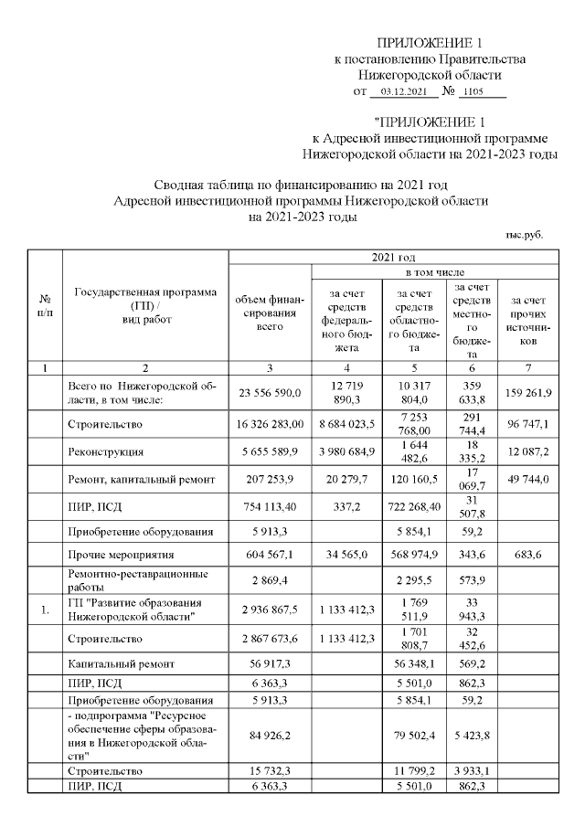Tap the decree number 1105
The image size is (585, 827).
(x=473, y=91)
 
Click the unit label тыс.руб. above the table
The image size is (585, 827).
(x=525, y=234)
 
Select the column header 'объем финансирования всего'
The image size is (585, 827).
(x=270, y=312)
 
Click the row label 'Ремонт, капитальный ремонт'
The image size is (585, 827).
(x=142, y=480)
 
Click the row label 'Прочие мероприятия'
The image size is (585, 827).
(x=114, y=555)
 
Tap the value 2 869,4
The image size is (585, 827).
(x=270, y=581)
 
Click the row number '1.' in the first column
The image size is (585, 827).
(x=44, y=610)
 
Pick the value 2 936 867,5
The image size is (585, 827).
(x=270, y=610)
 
